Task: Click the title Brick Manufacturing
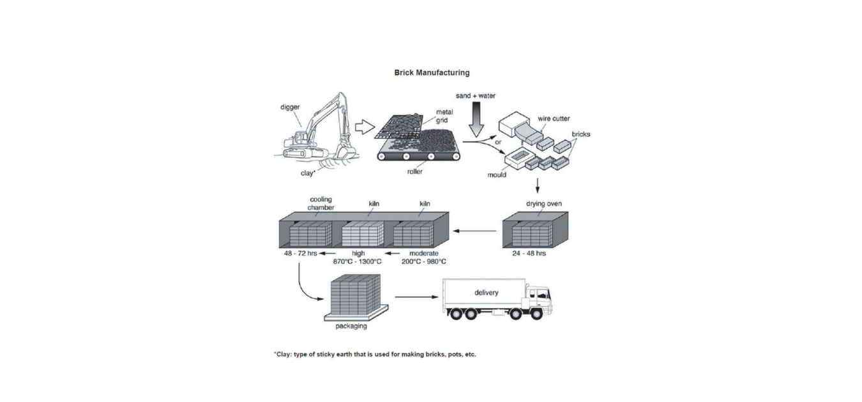(x=432, y=73)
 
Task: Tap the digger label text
(x=291, y=107)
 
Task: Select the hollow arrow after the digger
(x=363, y=127)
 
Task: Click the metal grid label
(x=444, y=116)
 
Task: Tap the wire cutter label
(x=554, y=118)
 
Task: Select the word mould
(x=496, y=174)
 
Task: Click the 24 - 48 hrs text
(x=529, y=253)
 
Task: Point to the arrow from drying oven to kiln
(x=475, y=231)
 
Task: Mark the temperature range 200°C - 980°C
(x=424, y=261)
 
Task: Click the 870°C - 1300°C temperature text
(x=358, y=261)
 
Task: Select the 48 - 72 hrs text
(x=300, y=253)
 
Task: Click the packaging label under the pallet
(x=351, y=326)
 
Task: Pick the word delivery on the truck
(x=486, y=293)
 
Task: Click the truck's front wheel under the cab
(x=538, y=314)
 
